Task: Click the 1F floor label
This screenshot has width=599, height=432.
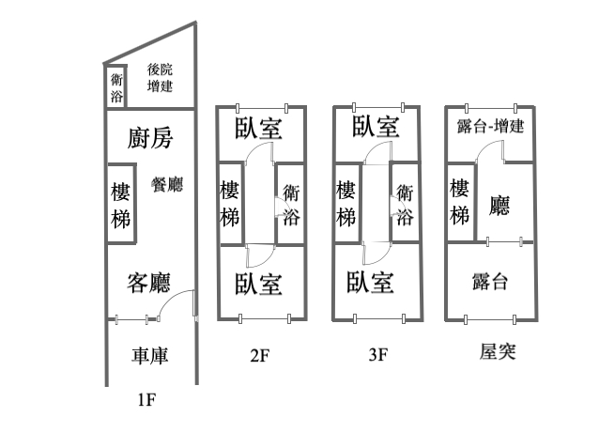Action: (x=146, y=400)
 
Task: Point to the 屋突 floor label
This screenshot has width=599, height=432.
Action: (x=498, y=352)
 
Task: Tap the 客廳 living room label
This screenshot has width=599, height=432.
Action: (x=149, y=282)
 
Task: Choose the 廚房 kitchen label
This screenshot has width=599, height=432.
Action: (x=149, y=139)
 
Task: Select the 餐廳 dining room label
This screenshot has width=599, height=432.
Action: (x=167, y=184)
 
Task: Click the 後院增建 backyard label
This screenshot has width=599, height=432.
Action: (x=160, y=78)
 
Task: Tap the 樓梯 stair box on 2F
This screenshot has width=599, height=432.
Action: (x=230, y=203)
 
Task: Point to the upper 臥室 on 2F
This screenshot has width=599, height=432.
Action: (x=259, y=128)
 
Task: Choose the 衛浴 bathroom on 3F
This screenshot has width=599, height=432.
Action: (x=405, y=204)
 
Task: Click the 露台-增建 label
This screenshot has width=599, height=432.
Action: (x=489, y=128)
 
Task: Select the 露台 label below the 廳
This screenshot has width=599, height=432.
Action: (x=488, y=280)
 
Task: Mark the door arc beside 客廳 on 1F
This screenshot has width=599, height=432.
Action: (x=177, y=303)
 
